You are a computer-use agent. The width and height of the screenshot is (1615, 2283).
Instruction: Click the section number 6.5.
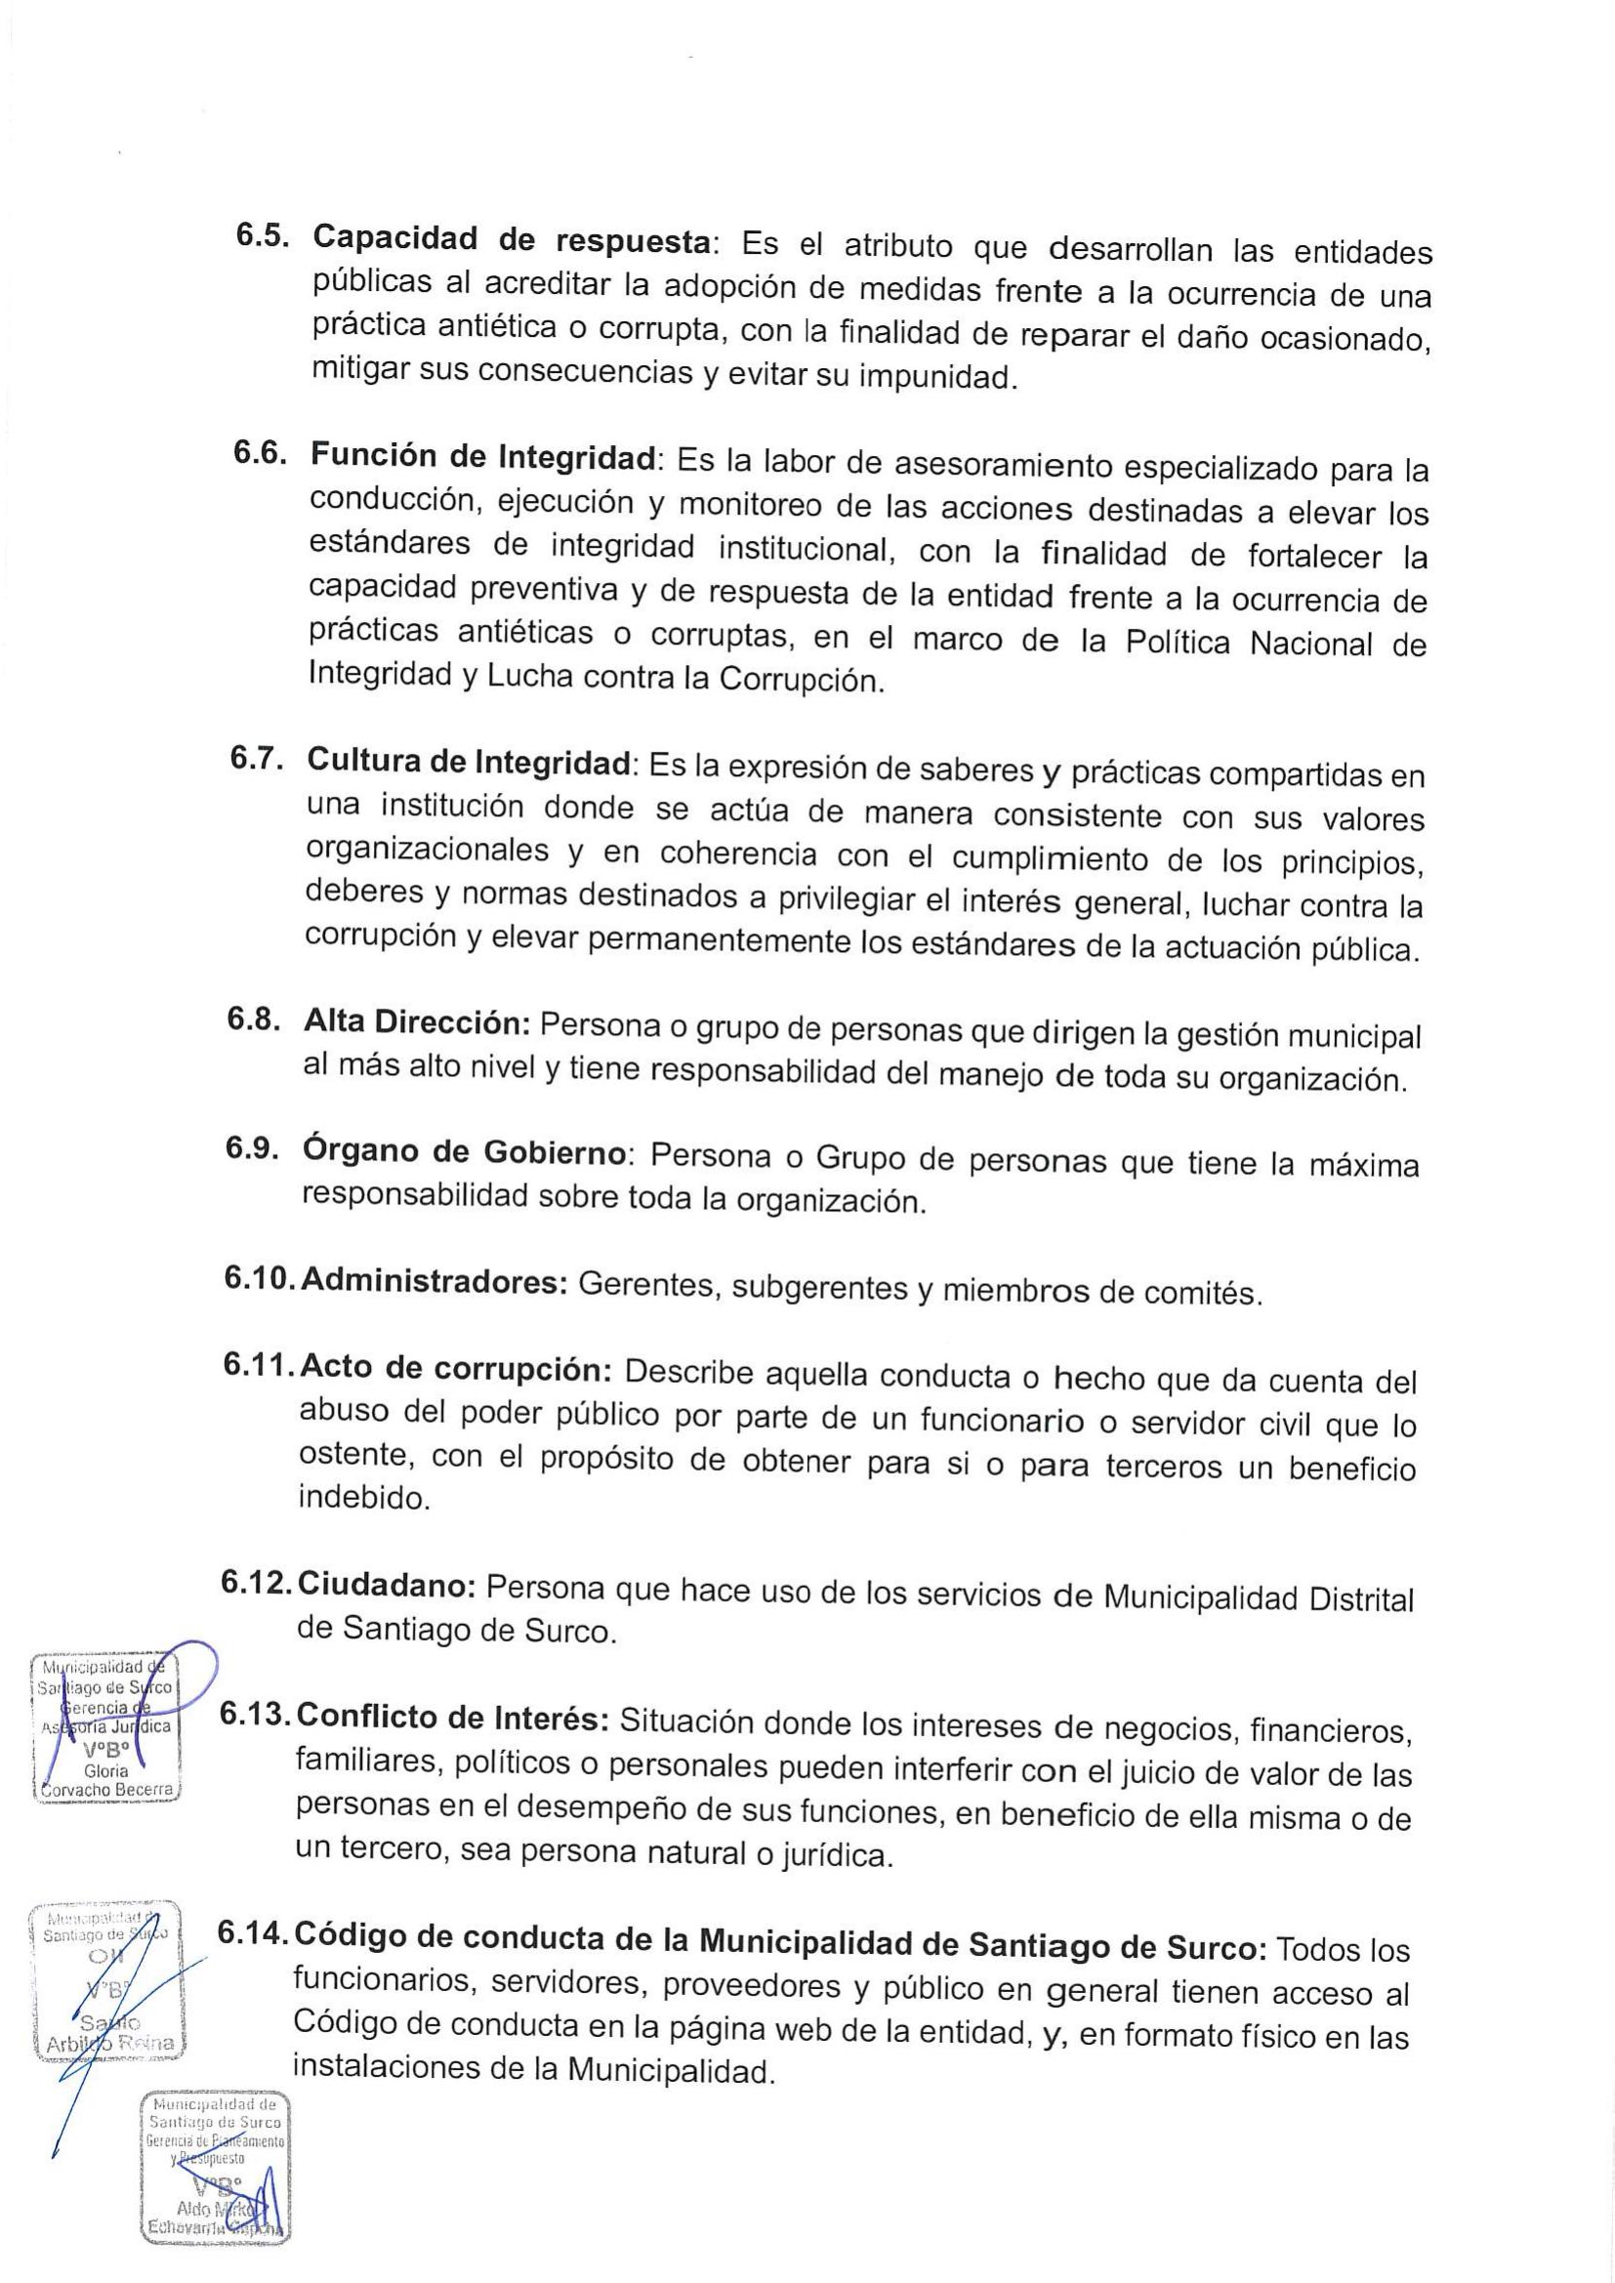click(x=262, y=234)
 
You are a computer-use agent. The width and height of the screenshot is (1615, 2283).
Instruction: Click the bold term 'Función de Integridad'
click(x=483, y=457)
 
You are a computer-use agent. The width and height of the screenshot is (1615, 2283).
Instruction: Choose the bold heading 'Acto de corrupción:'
click(x=454, y=1368)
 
